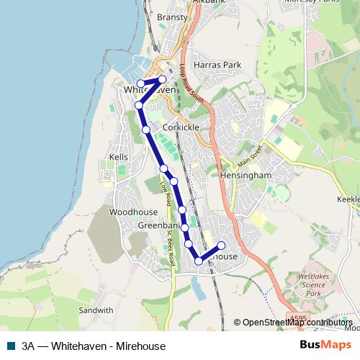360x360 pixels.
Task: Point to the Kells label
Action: tap(117, 156)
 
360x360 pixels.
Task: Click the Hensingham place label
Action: tap(246, 175)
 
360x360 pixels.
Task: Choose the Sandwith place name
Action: tap(96, 311)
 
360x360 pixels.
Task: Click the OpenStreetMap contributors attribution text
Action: tap(297, 323)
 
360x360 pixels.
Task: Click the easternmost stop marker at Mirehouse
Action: tap(221, 246)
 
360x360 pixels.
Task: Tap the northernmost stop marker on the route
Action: tap(163, 79)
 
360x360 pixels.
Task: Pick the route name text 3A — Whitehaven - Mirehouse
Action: tap(94, 346)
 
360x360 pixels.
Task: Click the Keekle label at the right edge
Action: tap(348, 198)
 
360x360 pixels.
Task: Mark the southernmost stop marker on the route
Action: tap(199, 261)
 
